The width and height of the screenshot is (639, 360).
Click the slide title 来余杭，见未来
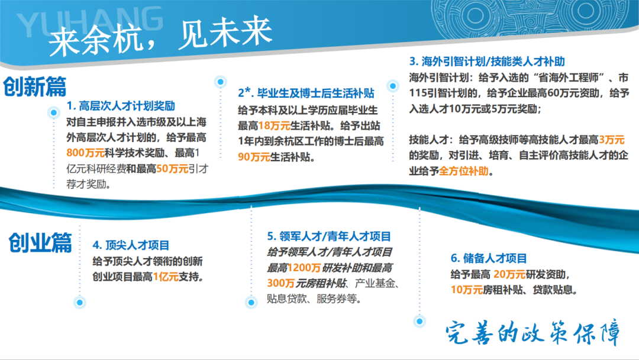coord(160,37)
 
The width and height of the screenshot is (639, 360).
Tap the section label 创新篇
coord(34,87)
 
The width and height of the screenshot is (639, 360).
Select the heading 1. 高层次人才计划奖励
coord(121,107)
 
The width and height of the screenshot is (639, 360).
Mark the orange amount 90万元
coord(254,157)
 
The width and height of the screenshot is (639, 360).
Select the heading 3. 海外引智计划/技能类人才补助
coord(487,61)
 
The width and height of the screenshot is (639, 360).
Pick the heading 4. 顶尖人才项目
coord(131,245)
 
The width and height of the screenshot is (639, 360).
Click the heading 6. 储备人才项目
coord(489,258)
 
